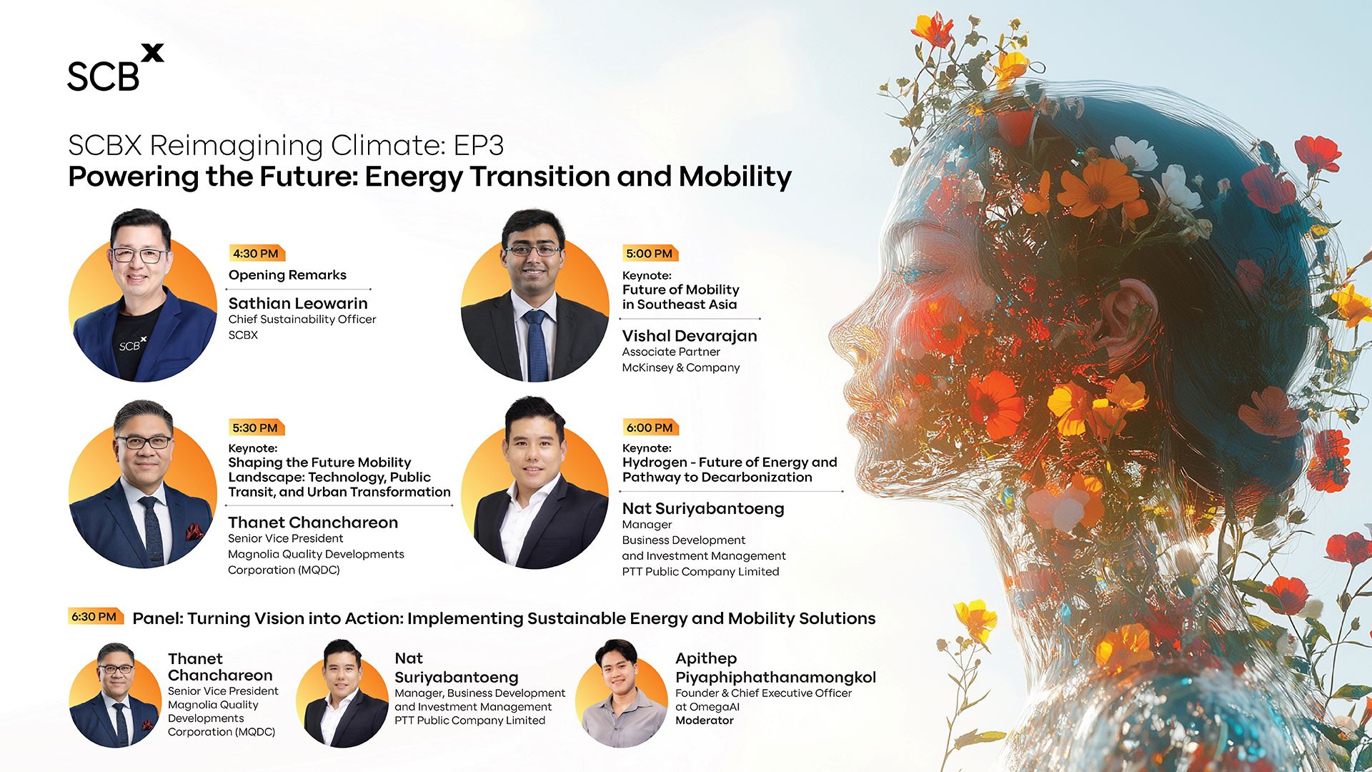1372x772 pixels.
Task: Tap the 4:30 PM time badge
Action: coord(257,253)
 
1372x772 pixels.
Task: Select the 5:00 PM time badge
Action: coord(650,253)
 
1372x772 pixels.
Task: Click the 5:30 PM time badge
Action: coord(257,427)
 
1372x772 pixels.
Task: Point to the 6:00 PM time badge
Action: coord(650,427)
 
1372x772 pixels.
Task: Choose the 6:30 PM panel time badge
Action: coord(95,616)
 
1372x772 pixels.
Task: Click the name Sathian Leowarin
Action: coord(298,303)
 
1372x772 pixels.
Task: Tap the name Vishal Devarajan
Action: coord(690,336)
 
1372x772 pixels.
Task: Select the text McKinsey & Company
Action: coord(681,367)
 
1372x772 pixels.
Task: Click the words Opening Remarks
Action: coord(287,275)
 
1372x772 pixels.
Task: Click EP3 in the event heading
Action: coord(479,145)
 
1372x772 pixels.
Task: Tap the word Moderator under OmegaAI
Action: coord(705,721)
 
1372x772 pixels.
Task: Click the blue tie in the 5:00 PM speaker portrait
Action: coord(536,345)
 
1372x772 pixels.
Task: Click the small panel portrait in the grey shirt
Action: coord(622,693)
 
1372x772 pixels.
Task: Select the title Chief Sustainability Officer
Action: coord(302,320)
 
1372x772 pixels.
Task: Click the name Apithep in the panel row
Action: coord(706,659)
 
